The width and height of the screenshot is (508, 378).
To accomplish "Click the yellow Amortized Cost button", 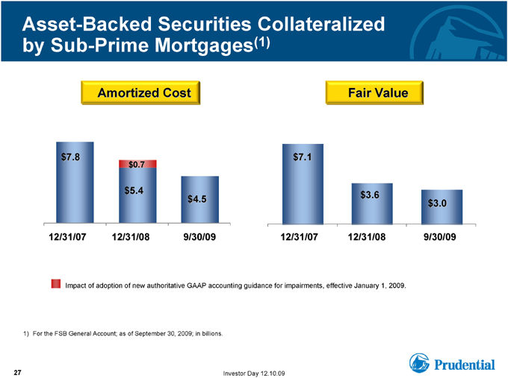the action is [140, 92].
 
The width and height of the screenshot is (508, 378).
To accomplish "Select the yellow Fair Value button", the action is [374, 92].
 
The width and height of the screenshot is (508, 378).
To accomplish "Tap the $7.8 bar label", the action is [71, 157].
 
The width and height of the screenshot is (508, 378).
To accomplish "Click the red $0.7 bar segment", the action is [137, 164].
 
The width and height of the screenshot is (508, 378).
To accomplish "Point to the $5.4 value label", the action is [134, 190].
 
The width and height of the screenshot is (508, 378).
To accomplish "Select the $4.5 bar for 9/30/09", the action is [200, 200].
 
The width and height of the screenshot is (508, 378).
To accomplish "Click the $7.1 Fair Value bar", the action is [303, 184].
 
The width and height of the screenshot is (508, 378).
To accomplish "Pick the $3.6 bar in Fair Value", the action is [372, 204].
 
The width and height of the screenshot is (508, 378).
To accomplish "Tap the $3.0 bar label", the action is [437, 203].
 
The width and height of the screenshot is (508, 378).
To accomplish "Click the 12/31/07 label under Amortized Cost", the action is [67, 237].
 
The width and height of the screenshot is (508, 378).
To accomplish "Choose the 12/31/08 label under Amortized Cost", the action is [131, 237].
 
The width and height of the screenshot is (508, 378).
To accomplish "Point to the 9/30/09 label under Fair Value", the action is [439, 237].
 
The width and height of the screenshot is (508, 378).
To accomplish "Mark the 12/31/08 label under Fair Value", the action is [367, 237].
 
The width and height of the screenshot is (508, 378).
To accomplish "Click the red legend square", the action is [56, 283].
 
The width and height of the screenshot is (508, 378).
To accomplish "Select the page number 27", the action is [17, 373].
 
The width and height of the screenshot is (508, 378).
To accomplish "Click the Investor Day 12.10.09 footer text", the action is [254, 374].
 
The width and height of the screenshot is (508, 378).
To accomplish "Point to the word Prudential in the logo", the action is [465, 365].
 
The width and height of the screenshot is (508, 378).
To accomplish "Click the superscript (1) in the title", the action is [261, 42].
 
